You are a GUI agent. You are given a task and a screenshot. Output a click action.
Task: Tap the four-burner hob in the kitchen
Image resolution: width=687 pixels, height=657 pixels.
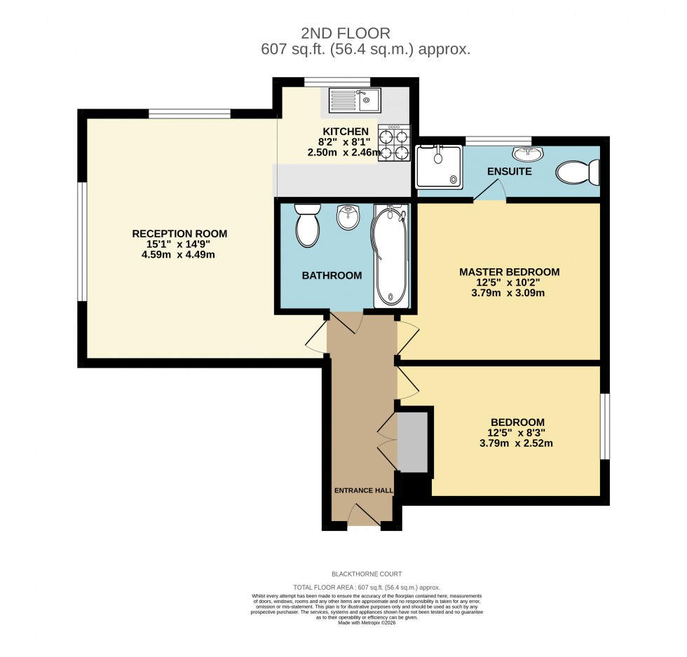click(393, 144)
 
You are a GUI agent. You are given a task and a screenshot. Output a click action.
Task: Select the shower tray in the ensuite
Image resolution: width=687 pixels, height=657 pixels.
click(439, 167)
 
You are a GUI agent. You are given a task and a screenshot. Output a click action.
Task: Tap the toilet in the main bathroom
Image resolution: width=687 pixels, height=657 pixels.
click(307, 224)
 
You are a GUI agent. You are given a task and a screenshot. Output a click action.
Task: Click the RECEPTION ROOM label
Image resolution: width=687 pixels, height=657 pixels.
click(180, 234)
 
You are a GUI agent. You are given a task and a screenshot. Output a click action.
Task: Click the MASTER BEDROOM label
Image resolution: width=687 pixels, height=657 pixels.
click(509, 272)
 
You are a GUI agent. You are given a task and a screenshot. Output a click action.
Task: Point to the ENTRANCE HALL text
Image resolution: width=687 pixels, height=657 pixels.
click(363, 491)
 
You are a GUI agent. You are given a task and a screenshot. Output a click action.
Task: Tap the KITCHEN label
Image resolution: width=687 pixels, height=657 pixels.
click(345, 132)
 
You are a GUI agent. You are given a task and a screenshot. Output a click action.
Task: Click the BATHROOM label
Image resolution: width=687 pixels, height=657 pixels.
click(332, 275)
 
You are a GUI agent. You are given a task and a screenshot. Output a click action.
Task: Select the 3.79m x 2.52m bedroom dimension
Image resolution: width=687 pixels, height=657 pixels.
click(517, 443)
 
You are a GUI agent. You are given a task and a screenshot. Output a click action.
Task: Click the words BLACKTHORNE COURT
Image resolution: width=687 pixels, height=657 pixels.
click(367, 574)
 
